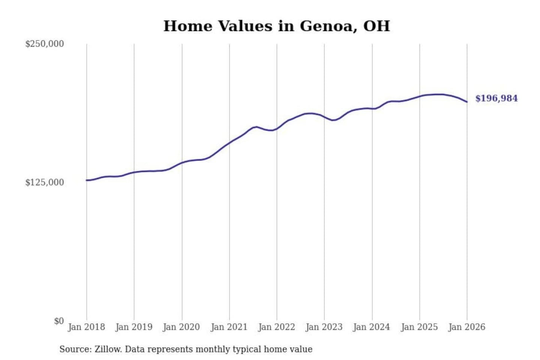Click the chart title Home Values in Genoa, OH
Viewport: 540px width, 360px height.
pyautogui.click(x=276, y=26)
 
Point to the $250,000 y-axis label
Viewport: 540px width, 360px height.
pyautogui.click(x=44, y=44)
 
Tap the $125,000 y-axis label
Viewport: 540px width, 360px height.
pyautogui.click(x=44, y=183)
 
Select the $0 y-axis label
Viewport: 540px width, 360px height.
pyautogui.click(x=58, y=321)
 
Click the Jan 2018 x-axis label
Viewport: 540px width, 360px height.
pyautogui.click(x=86, y=327)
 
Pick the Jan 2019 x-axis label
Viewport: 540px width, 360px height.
pyautogui.click(x=134, y=327)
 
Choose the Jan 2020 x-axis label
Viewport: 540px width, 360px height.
pyautogui.click(x=181, y=327)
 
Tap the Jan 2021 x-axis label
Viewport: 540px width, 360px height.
pyautogui.click(x=229, y=327)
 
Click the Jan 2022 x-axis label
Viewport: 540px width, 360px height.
pyautogui.click(x=276, y=327)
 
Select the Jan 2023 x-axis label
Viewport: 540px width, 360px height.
pyautogui.click(x=324, y=327)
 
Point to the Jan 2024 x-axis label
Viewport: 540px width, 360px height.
pyautogui.click(x=372, y=327)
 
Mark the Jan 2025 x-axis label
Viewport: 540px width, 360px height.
pyautogui.click(x=419, y=327)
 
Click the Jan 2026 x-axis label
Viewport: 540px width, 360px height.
pyautogui.click(x=467, y=327)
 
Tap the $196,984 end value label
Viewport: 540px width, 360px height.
pyautogui.click(x=496, y=98)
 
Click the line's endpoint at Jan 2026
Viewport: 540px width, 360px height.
pyautogui.click(x=467, y=102)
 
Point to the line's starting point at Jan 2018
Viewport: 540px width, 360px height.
pyautogui.click(x=87, y=180)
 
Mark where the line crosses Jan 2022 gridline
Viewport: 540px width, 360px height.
pyautogui.click(x=277, y=129)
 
